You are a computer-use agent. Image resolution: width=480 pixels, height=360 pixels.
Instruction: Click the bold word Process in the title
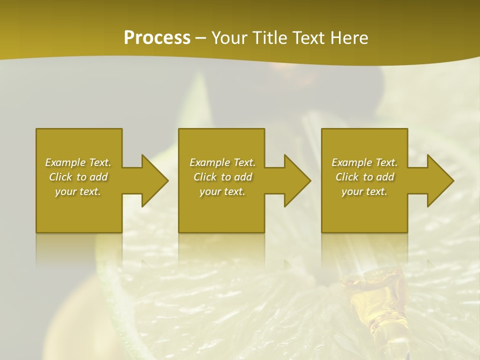pos(157,38)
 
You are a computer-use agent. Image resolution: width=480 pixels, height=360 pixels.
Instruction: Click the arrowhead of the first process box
pos(154,180)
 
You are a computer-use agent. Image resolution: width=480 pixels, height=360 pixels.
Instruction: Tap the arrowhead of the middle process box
pos(297,180)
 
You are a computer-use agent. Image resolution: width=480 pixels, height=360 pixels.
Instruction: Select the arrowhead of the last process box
pos(440,180)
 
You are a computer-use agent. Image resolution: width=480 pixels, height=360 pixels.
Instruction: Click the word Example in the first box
pos(65,162)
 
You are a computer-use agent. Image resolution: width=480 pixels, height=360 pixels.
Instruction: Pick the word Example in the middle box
pos(210,162)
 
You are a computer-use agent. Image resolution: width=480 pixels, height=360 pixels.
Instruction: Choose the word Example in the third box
pos(352,162)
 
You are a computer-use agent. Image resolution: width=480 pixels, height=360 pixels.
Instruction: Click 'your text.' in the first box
pos(78,191)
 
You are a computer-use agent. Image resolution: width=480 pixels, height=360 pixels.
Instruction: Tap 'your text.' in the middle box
pos(222,191)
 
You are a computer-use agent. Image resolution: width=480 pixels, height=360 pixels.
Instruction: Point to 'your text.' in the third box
pos(364,191)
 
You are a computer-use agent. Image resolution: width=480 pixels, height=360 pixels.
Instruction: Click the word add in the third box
pos(383,177)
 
